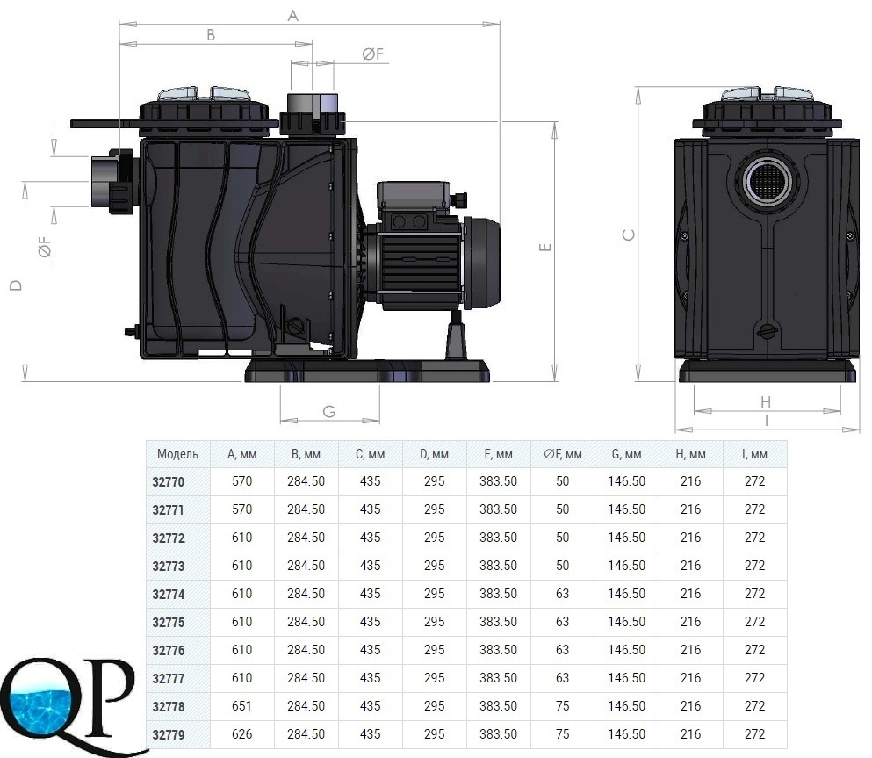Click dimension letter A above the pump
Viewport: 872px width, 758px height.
(293, 16)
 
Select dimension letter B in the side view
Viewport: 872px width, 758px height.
(211, 35)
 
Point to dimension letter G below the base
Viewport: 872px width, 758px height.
(329, 412)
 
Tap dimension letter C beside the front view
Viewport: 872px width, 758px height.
(629, 235)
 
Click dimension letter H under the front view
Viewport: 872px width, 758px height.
(766, 401)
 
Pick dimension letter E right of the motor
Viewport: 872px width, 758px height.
(545, 247)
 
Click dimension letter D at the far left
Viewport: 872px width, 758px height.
(16, 285)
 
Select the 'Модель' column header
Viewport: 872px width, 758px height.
(177, 454)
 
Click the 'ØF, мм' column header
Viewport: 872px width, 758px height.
(563, 454)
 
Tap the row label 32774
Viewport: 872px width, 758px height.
(168, 594)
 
